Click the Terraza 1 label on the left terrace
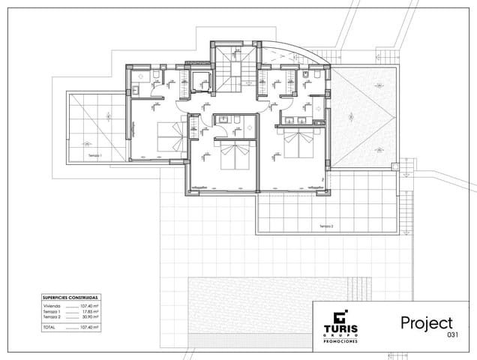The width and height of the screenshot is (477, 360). click(95, 154)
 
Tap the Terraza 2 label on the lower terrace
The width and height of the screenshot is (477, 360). click(325, 225)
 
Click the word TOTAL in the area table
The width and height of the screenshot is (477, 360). click(49, 327)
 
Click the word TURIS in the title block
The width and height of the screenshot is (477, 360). click(341, 328)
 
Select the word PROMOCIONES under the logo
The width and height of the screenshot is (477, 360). click(341, 340)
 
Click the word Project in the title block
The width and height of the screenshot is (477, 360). click(426, 322)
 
